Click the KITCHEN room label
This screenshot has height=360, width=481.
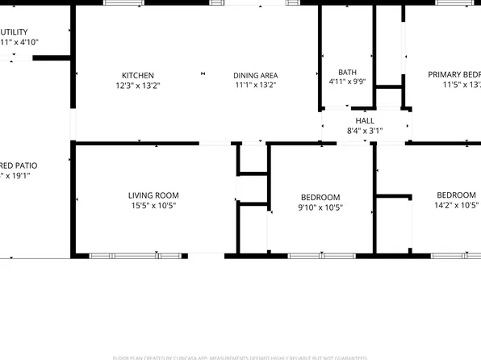pos(137,75)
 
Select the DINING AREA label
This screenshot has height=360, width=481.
pos(256,75)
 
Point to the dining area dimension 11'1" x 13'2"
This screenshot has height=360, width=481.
pos(256,85)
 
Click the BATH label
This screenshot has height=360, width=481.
pos(347,71)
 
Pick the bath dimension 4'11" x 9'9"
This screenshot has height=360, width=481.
pos(347,81)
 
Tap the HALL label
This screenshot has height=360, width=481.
pos(365,120)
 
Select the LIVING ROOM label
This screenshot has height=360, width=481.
pos(153,195)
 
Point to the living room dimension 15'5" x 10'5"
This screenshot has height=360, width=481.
pos(153,205)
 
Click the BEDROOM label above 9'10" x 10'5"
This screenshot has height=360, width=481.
pos(320,198)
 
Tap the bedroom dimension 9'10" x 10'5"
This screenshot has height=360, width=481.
pos(320,207)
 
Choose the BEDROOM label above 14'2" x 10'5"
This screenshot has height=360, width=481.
pos(456,195)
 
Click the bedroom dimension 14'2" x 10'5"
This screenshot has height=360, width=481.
pos(456,205)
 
